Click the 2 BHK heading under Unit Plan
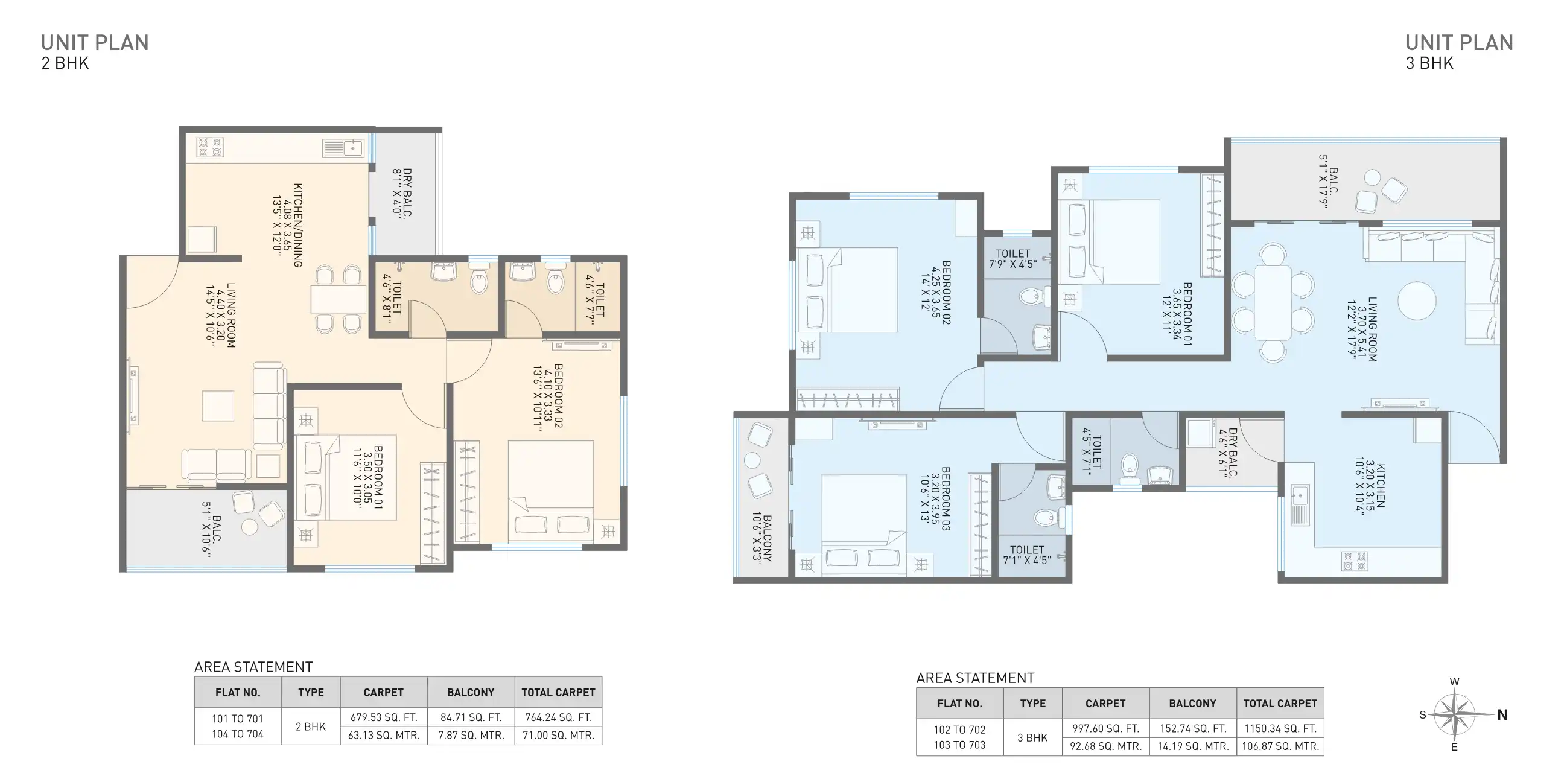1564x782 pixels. pos(65,63)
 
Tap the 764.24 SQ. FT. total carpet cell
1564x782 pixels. pos(558,717)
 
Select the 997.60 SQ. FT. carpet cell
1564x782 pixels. pos(1105,728)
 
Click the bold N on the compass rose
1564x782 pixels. pos(1502,714)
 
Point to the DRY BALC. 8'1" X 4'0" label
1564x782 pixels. pos(402,193)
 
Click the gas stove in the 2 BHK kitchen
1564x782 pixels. pos(210,147)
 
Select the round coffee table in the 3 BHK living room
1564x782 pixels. pos(1416,300)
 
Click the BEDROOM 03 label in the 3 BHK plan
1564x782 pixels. pos(945,498)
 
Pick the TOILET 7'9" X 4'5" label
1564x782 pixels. pos(1012,259)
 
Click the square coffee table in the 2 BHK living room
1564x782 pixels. pos(218,405)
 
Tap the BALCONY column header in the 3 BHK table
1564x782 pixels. pos(1192,703)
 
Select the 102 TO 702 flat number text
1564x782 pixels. pos(959,729)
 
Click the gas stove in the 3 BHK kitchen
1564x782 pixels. pos(1355,561)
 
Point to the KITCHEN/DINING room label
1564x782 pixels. pos(297,225)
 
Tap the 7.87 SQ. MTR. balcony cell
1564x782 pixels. pos(471,736)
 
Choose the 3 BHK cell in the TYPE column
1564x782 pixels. pos(1032,738)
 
